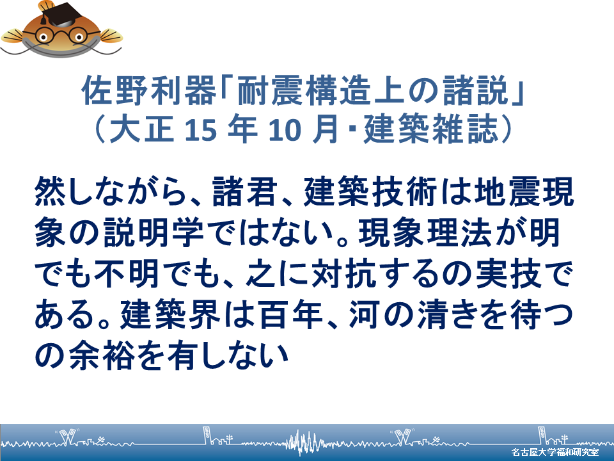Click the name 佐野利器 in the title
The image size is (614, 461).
[149, 90]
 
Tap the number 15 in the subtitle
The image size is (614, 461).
[200, 130]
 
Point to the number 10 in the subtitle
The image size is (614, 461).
[284, 130]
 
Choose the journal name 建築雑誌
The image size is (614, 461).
[430, 129]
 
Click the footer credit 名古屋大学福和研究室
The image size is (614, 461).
[555, 452]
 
